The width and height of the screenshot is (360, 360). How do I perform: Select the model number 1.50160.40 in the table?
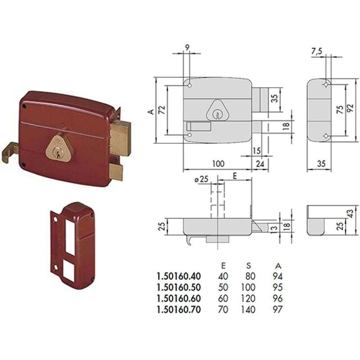click(179, 276)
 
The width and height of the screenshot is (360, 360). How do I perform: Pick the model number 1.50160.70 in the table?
click(179, 310)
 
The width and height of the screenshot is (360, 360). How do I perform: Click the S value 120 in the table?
click(248, 298)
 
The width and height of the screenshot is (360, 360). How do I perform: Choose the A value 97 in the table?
click(277, 310)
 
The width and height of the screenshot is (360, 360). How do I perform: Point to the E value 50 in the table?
click(223, 287)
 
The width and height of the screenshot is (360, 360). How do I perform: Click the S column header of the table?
click(249, 265)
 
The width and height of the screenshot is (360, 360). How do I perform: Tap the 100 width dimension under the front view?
click(218, 164)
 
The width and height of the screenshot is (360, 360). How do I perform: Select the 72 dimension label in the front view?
click(162, 110)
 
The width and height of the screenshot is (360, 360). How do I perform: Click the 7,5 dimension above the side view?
click(317, 51)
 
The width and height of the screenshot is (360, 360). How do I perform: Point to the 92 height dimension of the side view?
click(350, 108)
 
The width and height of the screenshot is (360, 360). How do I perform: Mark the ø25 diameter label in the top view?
click(201, 179)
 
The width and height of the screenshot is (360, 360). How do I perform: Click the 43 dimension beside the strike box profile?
click(350, 213)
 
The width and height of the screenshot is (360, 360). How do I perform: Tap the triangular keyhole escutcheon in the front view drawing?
click(216, 111)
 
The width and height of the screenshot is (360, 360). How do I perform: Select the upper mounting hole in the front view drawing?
click(189, 85)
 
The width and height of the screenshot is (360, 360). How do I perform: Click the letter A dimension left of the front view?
click(151, 112)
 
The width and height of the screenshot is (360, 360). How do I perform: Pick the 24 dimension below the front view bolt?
click(260, 164)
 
